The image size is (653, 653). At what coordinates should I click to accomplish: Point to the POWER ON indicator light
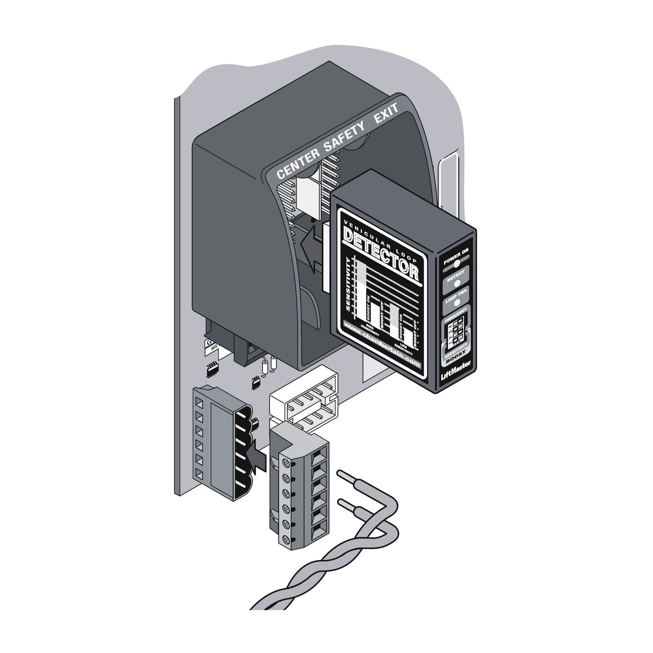(x=456, y=264)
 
